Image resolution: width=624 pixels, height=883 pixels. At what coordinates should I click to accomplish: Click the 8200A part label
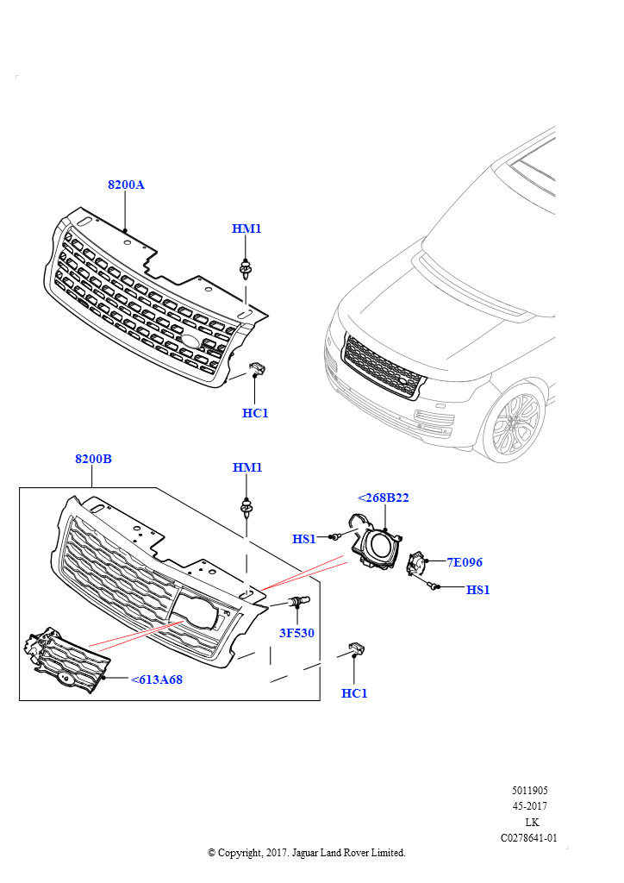[x=126, y=185]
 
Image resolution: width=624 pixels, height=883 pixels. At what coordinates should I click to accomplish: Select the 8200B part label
[x=93, y=459]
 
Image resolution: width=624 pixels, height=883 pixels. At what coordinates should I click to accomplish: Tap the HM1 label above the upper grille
[x=246, y=229]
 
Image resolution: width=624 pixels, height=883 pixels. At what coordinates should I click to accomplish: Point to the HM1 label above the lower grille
[x=247, y=467]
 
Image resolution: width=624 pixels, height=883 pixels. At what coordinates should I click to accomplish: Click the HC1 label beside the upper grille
[x=255, y=413]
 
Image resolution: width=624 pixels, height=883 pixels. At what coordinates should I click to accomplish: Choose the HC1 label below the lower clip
[x=354, y=693]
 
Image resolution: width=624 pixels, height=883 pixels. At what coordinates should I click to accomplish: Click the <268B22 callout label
[x=383, y=498]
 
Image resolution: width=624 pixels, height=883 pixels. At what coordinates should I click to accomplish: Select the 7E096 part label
[x=465, y=562]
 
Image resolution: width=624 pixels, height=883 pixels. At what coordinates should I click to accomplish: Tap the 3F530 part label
[x=296, y=633]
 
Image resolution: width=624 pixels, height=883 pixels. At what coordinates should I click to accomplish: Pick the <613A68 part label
[x=157, y=679]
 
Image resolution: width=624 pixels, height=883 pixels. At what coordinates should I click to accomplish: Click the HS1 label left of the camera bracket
[x=304, y=539]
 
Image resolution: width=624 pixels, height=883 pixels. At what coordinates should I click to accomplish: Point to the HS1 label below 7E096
[x=478, y=590]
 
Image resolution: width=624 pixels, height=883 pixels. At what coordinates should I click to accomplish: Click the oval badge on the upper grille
[x=190, y=342]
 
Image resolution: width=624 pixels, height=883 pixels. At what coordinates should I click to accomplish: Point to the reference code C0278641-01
[x=529, y=837]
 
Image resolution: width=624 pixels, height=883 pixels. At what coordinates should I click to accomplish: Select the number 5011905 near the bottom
[x=529, y=790]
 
